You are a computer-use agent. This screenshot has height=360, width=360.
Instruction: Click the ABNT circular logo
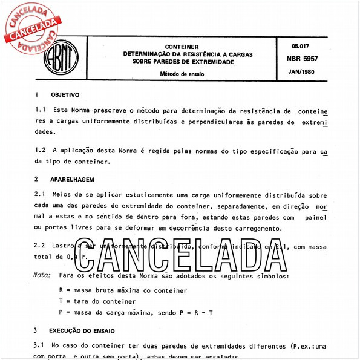(62, 58)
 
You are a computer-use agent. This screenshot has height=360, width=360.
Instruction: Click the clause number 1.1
(41, 111)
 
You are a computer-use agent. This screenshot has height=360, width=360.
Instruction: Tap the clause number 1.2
(41, 149)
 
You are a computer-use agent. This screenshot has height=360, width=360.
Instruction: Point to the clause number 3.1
(41, 345)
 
